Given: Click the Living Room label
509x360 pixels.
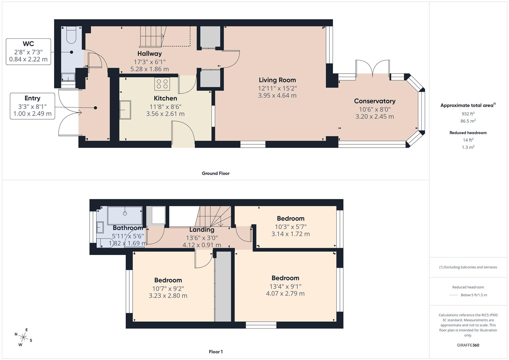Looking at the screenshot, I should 277,80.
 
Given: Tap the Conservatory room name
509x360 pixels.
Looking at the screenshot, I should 374,101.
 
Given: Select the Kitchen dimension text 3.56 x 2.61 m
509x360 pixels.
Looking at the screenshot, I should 165,114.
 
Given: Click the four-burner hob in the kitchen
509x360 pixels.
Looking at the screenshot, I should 162,84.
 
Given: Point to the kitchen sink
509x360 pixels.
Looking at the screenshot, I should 125,110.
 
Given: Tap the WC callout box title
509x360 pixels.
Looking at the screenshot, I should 28,44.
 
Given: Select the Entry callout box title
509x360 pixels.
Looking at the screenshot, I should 32,98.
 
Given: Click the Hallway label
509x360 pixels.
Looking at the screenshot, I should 149,54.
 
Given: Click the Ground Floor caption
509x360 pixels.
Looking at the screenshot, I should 215,173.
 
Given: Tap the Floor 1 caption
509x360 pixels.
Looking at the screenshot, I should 215,352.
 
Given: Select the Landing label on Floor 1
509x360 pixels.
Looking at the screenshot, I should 202,230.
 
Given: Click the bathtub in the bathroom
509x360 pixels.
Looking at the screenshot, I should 125,215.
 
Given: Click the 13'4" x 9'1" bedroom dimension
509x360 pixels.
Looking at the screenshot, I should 285,286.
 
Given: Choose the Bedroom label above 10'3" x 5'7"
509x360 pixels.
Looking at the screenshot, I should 290,219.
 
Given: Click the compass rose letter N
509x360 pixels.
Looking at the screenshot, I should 16,334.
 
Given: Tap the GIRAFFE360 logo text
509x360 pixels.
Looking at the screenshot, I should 468,345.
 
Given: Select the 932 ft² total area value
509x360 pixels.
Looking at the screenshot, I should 468,114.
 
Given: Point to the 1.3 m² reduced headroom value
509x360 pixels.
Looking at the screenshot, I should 468,147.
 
